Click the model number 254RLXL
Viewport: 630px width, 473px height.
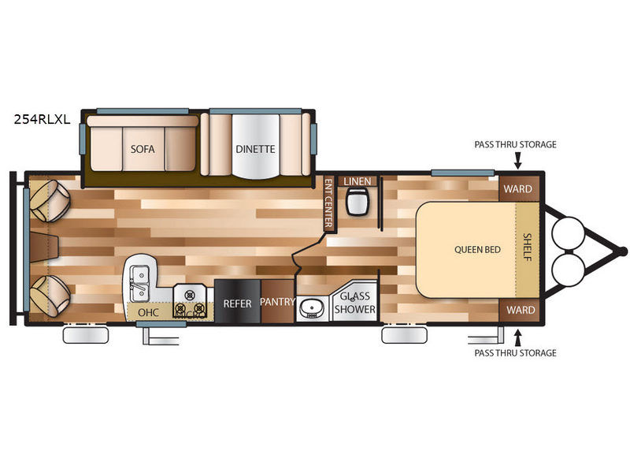coord(43,119)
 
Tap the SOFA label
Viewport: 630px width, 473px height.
coord(143,149)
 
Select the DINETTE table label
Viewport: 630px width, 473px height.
coord(255,149)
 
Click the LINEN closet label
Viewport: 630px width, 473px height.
coord(358,181)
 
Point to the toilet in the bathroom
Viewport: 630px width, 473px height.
coord(358,201)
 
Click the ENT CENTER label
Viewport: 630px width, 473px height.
coord(329,203)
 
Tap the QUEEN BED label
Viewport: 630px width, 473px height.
coord(477,249)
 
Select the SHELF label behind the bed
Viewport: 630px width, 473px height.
coord(528,247)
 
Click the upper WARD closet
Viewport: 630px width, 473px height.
coord(519,188)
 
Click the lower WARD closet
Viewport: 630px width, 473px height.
coord(519,310)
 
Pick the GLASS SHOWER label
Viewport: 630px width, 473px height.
coord(355,303)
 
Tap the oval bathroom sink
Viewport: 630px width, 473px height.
coord(310,309)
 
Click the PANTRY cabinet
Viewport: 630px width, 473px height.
coord(278,301)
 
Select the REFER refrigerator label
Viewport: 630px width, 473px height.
coord(238,304)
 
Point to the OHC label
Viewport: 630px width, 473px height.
coord(148,312)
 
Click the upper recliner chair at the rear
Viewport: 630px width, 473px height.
coord(50,201)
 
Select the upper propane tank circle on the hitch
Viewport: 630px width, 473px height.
coord(569,233)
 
